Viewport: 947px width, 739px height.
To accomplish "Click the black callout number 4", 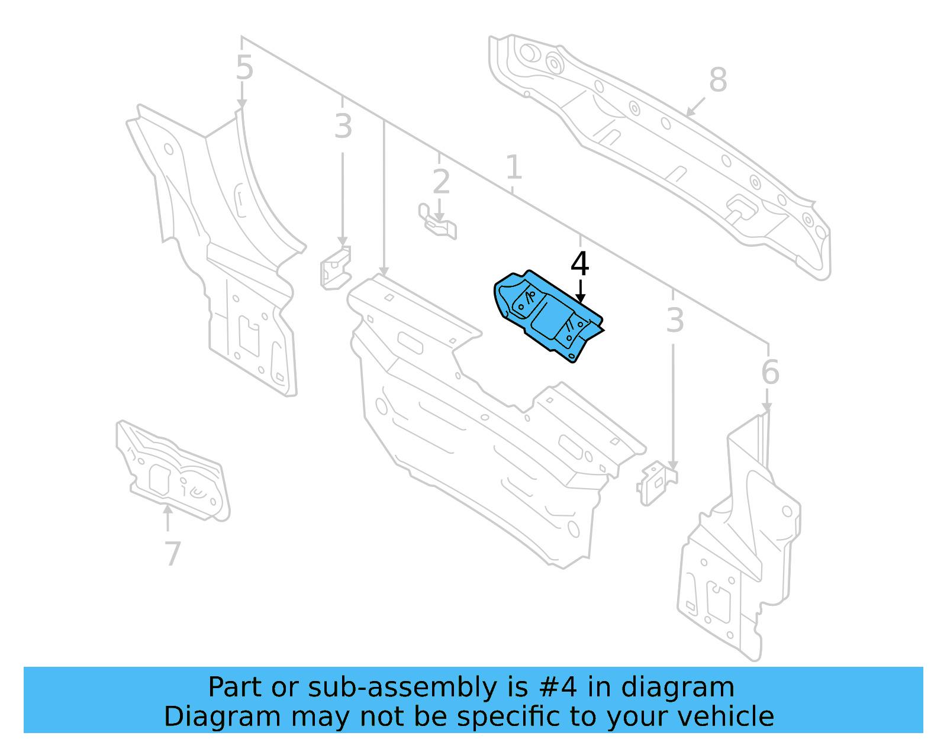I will (x=579, y=264).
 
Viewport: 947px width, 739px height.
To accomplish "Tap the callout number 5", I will (x=244, y=68).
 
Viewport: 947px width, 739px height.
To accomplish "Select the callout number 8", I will (x=717, y=80).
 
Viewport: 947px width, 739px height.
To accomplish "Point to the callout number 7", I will (x=172, y=554).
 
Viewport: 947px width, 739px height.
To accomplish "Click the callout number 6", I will (x=770, y=372).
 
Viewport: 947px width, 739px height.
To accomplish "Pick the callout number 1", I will (x=513, y=167).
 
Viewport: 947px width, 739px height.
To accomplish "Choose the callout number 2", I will (x=441, y=182).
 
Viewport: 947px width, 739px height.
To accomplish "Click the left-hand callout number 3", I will (x=343, y=127).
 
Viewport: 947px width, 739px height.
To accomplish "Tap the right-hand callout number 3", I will (x=675, y=321).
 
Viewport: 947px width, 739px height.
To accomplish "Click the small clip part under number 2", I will (x=438, y=222).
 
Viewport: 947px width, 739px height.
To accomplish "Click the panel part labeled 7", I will (x=172, y=470).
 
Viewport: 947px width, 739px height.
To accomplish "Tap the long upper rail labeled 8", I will (x=657, y=148).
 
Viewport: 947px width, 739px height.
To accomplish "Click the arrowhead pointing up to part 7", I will (x=168, y=508).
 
